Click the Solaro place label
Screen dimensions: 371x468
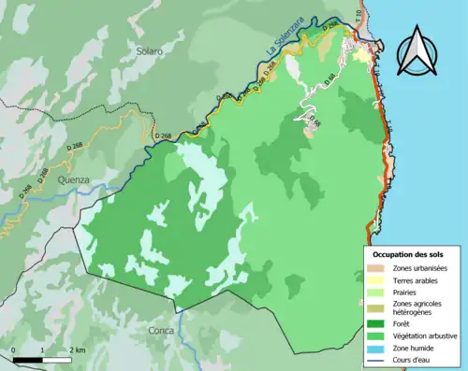pos(148,50)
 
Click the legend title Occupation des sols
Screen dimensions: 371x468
pos(408,254)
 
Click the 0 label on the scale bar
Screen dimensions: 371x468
pos(14,350)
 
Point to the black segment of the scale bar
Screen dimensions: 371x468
pos(28,358)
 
